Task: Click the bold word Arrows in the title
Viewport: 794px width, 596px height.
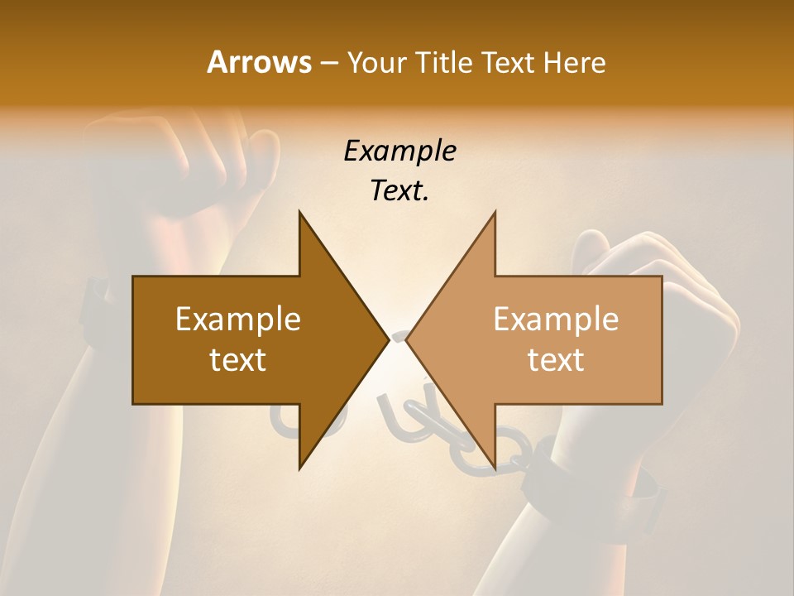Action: (259, 62)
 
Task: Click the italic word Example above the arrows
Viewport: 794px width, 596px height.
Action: (399, 151)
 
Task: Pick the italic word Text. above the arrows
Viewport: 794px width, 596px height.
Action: (399, 191)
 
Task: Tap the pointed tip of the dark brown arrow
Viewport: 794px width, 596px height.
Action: (386, 339)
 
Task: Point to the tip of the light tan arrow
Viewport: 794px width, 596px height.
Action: (408, 339)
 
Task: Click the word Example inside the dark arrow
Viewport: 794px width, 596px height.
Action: (237, 320)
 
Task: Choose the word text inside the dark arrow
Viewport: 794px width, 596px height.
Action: (237, 360)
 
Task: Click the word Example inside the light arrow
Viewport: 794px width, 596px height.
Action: (556, 320)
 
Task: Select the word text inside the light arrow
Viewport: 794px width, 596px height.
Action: (556, 360)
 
